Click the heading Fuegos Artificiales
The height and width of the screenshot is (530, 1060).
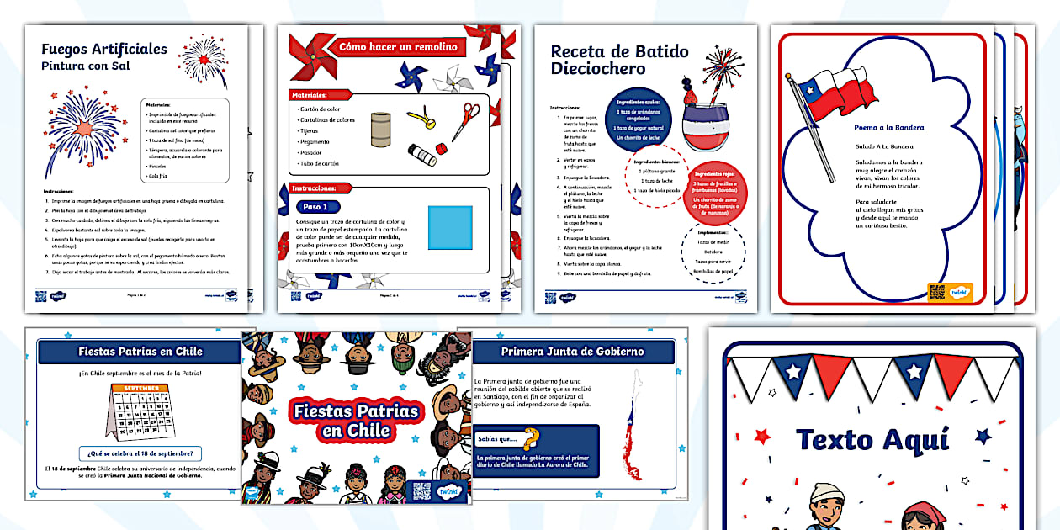tap(104, 49)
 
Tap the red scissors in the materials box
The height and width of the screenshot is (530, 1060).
tap(465, 120)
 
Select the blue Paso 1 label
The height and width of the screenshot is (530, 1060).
tap(320, 207)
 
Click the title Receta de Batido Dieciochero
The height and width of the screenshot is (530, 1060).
tap(619, 60)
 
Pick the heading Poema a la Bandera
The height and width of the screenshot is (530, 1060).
tap(888, 128)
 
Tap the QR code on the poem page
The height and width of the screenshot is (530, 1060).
tap(937, 292)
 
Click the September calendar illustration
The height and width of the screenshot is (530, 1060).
tap(139, 410)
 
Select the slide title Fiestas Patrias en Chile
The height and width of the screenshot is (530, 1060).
tap(140, 352)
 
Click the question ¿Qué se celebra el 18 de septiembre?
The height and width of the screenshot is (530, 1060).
tap(140, 453)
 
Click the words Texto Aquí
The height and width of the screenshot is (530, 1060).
tap(872, 439)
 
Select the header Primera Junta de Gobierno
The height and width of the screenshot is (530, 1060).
tap(572, 352)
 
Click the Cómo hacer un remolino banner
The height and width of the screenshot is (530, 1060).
tap(398, 47)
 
